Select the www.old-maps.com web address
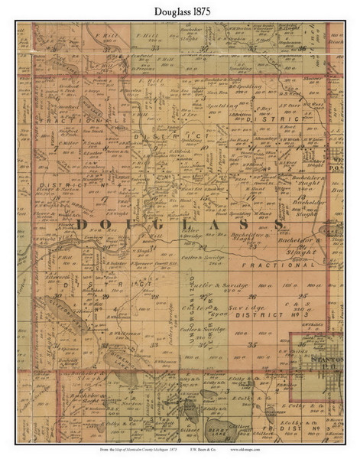pos(304,452)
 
